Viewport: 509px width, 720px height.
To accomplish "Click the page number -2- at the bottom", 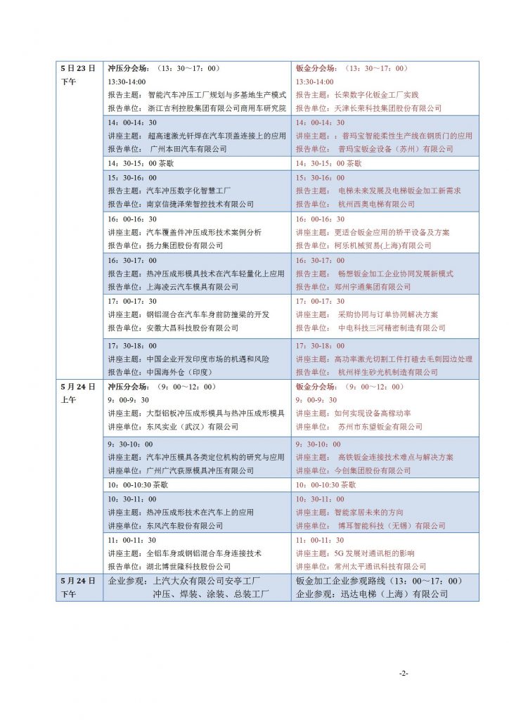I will point(404,673).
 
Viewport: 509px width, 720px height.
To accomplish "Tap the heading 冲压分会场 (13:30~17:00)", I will point(163,69).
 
